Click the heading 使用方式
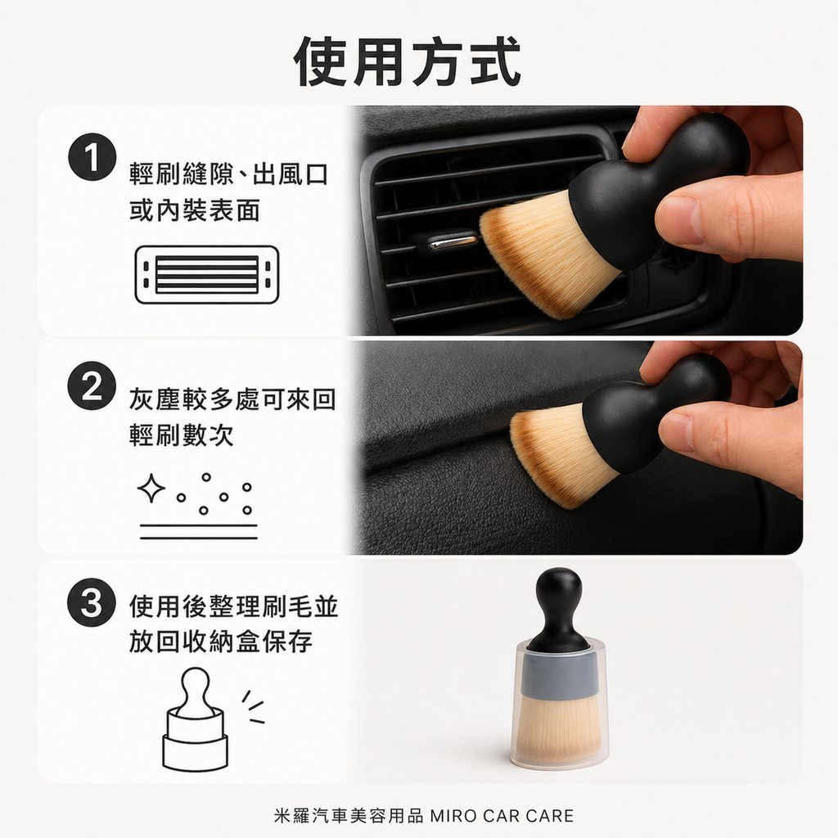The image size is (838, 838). (x=408, y=61)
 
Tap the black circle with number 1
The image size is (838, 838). (x=92, y=155)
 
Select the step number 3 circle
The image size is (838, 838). (x=92, y=606)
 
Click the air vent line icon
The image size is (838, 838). (x=207, y=274)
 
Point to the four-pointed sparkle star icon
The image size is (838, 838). (x=151, y=489)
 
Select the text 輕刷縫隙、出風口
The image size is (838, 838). (x=229, y=174)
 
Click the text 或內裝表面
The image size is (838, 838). (x=195, y=211)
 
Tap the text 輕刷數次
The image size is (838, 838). (x=182, y=435)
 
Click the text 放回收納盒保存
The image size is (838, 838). (x=221, y=642)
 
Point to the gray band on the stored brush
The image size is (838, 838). (x=559, y=675)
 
